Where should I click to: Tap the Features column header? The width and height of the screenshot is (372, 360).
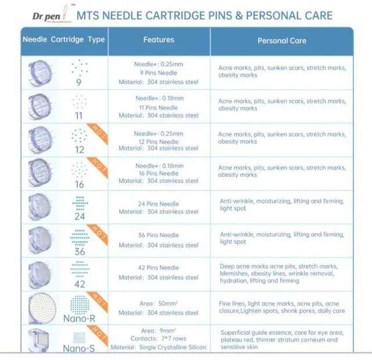tap(159, 40)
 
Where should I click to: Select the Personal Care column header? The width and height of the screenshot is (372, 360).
tap(282, 41)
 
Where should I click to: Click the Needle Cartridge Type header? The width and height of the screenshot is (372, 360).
tap(63, 40)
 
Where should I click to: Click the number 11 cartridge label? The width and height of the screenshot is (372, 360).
tap(79, 116)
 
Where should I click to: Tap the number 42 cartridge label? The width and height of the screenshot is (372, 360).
tap(80, 284)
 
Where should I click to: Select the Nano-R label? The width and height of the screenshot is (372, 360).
tap(80, 319)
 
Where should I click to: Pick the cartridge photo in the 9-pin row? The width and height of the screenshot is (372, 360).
tap(40, 73)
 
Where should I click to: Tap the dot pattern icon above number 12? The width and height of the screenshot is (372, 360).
tap(79, 136)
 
